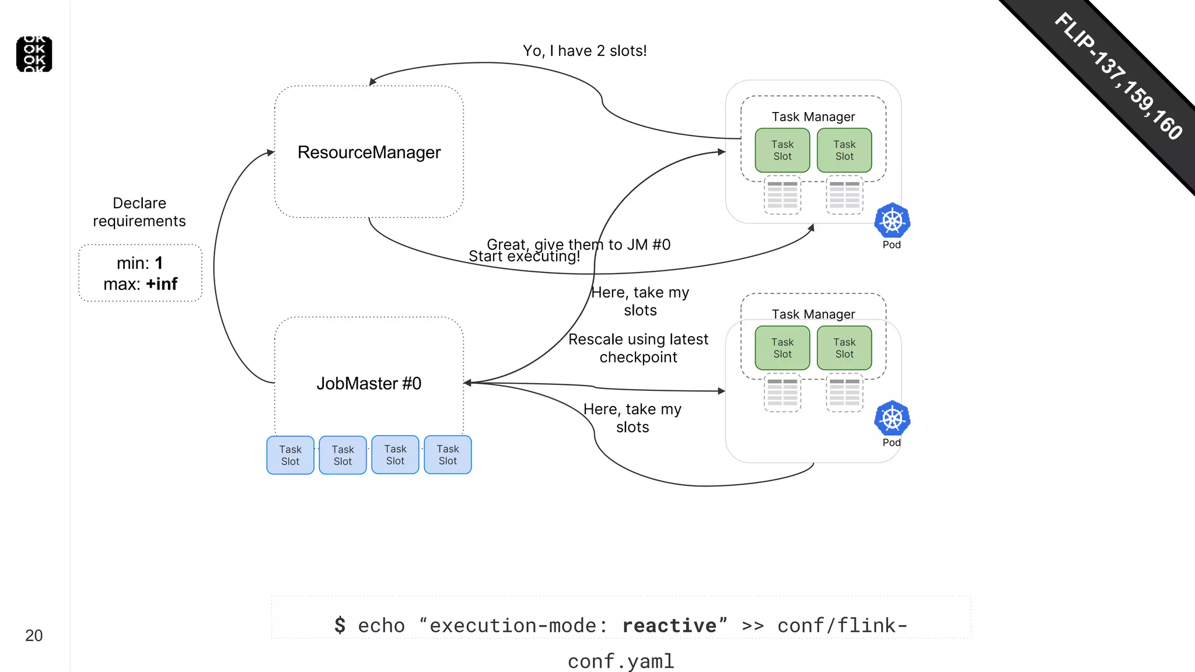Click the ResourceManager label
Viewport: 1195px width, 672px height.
[369, 152]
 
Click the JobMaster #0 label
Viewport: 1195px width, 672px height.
[369, 383]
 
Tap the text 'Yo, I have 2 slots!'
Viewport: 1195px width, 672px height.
[585, 51]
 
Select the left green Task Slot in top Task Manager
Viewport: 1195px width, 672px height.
[782, 150]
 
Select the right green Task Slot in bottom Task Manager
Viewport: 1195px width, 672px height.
[844, 348]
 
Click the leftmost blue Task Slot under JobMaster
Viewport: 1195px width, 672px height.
[290, 455]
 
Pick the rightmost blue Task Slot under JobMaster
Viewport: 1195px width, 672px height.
[448, 454]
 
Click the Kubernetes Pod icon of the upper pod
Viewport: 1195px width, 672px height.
[892, 221]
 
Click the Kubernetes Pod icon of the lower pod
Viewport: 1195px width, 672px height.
[892, 418]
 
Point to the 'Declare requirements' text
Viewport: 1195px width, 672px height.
[139, 212]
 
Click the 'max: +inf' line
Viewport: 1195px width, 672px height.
[140, 284]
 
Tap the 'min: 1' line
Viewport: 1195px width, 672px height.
[140, 263]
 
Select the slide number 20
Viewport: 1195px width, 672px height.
[34, 635]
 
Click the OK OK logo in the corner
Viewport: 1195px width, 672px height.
[34, 54]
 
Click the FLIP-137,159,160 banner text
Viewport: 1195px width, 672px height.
[1119, 76]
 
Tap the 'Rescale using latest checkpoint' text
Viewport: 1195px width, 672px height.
[638, 348]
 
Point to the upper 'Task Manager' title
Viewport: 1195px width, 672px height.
[813, 117]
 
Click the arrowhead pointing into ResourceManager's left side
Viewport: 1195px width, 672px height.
[271, 152]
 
